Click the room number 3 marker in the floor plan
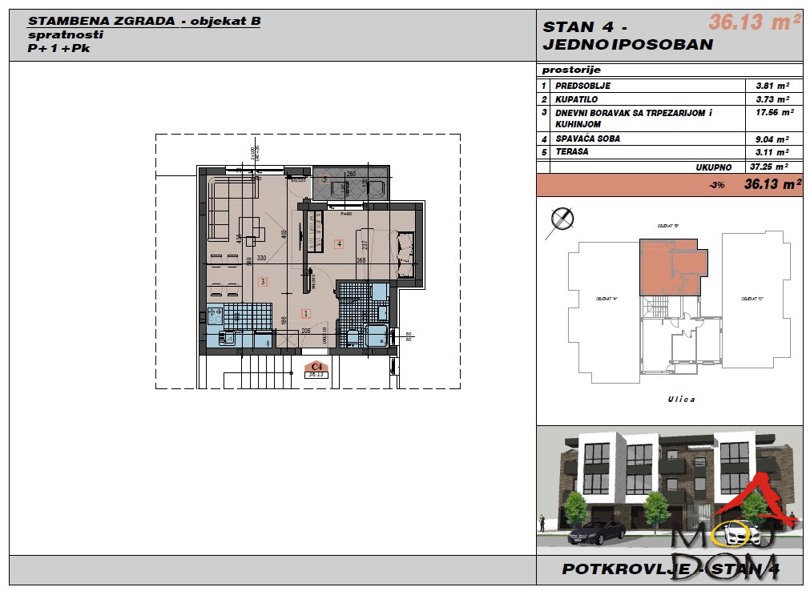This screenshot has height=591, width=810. (x=262, y=281)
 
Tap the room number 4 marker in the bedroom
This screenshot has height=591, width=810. (x=339, y=243)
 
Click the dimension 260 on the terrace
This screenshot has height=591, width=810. (x=351, y=174)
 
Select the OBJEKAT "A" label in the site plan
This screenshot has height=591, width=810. (x=605, y=298)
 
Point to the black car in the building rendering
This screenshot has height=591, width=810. (x=594, y=531)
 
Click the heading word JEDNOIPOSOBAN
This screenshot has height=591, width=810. (x=627, y=44)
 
